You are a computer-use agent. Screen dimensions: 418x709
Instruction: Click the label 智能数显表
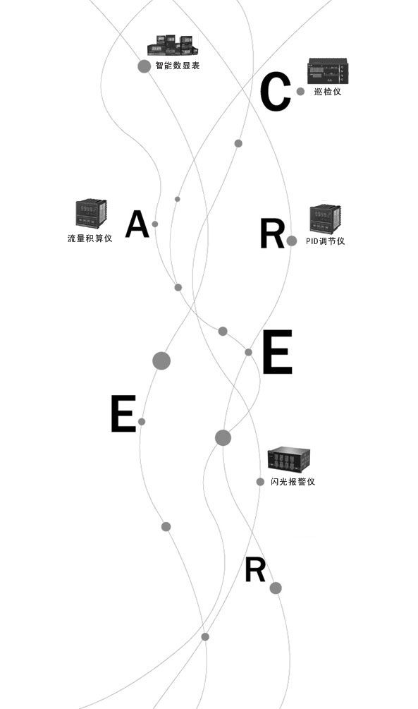click(x=177, y=66)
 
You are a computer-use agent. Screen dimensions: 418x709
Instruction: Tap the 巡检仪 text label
click(x=328, y=91)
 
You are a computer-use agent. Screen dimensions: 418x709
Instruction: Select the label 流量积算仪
click(x=90, y=238)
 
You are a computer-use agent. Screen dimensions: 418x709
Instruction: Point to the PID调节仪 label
click(x=326, y=241)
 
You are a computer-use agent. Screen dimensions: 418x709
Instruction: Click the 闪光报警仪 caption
click(x=293, y=482)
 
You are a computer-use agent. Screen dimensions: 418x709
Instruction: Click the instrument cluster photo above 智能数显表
click(x=173, y=44)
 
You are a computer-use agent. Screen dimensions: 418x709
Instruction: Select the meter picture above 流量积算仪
click(x=91, y=213)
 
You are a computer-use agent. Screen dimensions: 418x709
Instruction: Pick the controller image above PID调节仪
click(x=325, y=219)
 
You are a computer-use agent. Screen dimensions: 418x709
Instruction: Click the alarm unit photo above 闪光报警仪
click(x=288, y=460)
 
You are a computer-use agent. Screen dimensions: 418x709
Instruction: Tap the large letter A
click(x=137, y=224)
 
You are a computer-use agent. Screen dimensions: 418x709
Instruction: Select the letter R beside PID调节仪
click(x=272, y=234)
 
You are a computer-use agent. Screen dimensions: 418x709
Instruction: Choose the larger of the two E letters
click(x=278, y=352)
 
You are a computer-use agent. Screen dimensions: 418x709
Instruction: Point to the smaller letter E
click(x=123, y=413)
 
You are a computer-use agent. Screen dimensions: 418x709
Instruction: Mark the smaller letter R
click(x=255, y=570)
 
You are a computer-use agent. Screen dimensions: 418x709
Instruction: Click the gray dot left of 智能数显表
click(x=145, y=66)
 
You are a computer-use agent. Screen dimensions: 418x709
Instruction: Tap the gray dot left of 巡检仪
click(x=300, y=91)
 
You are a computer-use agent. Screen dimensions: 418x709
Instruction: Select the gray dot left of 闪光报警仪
click(x=260, y=482)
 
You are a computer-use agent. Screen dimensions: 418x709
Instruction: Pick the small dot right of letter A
click(x=155, y=224)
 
